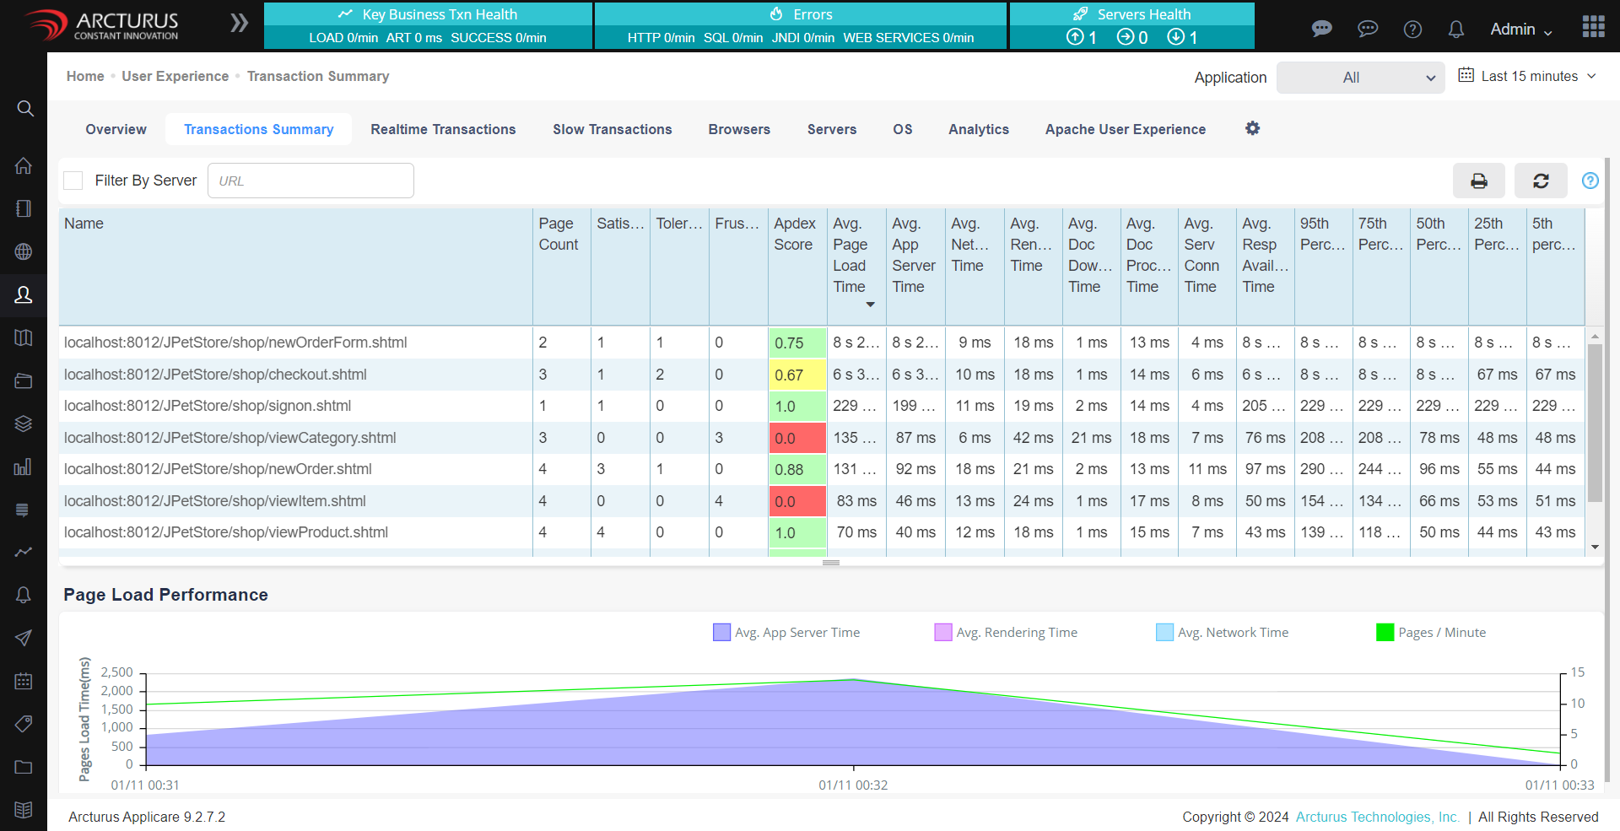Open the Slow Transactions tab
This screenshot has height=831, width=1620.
[x=612, y=129]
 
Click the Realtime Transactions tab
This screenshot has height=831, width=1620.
[x=443, y=129]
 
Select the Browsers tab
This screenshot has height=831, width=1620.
[x=739, y=129]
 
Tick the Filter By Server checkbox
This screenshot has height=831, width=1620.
[x=74, y=181]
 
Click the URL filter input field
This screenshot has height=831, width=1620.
[x=310, y=181]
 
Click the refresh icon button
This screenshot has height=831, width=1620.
[x=1541, y=181]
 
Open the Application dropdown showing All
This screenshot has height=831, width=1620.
[x=1360, y=78]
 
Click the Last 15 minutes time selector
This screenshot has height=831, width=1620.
[x=1528, y=76]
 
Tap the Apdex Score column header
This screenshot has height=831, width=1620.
[x=795, y=235]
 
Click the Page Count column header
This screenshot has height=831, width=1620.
[x=558, y=235]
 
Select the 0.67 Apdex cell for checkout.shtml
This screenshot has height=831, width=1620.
[x=796, y=375]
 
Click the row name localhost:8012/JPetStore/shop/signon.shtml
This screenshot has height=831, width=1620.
[x=208, y=406]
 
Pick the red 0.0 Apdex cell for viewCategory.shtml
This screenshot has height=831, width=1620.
[x=796, y=438]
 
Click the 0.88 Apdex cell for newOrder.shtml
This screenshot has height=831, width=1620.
[x=796, y=470]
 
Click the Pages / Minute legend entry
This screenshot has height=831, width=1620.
[x=1431, y=633]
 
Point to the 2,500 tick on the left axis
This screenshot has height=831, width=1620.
[x=117, y=672]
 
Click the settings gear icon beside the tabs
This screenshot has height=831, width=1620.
[x=1252, y=128]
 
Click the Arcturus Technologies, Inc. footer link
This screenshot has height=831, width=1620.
[x=1377, y=817]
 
